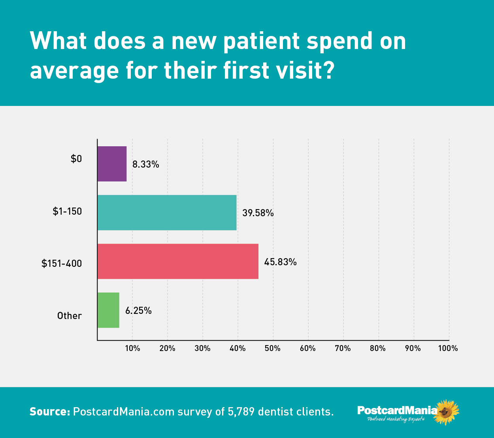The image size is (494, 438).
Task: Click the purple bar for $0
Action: (112, 164)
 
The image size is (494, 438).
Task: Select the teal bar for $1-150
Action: (167, 213)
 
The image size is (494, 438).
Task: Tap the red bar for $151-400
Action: (178, 261)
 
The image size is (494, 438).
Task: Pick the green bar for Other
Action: (108, 310)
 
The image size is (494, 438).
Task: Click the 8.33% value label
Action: (145, 164)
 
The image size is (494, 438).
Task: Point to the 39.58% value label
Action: (258, 213)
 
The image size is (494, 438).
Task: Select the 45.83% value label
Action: (280, 262)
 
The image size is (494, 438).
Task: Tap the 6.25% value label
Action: (138, 311)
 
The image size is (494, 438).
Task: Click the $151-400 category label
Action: (62, 264)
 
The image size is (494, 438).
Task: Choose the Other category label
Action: (69, 315)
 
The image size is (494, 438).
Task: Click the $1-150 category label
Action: (67, 211)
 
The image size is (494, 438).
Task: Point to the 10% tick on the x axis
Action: (133, 348)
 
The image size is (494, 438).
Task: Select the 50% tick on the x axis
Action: (273, 348)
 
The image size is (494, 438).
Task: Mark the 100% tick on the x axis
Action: (448, 348)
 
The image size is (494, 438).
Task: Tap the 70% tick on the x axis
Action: (343, 348)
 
